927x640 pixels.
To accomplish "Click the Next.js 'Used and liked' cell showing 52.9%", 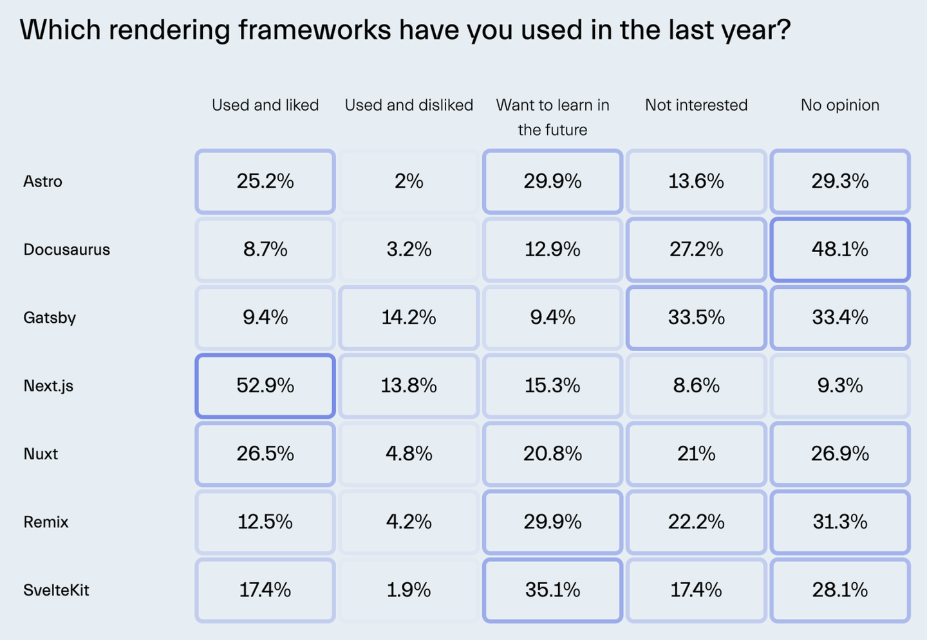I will tap(265, 385).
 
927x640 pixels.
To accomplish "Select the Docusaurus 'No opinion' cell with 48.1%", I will tap(840, 250).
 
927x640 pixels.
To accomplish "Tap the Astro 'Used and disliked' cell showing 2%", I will tap(409, 181).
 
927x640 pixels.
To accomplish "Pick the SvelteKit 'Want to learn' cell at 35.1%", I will tap(552, 590).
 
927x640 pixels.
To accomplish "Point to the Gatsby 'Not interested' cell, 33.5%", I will tap(696, 318).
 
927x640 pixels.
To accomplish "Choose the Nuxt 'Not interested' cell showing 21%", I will tap(696, 453).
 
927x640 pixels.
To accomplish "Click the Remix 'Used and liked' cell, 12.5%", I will tap(265, 522).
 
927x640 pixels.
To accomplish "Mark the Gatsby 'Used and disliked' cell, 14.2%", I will tap(409, 318).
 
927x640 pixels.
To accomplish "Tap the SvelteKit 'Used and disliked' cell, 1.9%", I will tap(409, 590).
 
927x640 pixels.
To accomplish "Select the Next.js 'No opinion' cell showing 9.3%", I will tap(840, 385).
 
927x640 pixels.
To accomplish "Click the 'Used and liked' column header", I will tap(265, 105).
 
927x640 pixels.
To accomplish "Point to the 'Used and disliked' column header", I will tap(409, 105).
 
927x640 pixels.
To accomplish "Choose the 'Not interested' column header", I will tap(696, 105).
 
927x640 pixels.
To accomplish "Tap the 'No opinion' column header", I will tap(840, 105).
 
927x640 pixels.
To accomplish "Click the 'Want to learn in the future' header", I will tap(552, 117).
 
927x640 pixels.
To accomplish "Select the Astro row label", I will tap(42, 181).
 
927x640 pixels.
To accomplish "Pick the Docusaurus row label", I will tap(66, 250).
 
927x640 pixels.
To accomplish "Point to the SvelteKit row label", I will tap(56, 590).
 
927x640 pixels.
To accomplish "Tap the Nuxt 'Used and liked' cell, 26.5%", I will tap(265, 453).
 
